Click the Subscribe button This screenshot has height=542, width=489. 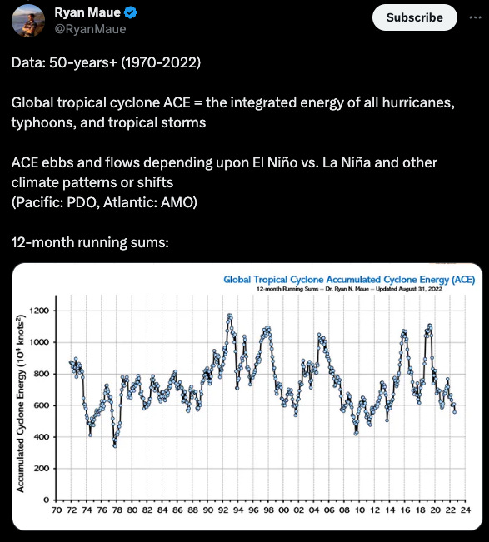coord(414,17)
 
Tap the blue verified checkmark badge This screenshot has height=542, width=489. coord(131,12)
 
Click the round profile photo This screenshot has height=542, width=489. coord(28,21)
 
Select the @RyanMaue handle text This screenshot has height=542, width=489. coord(90,29)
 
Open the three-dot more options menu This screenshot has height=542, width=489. coord(475,17)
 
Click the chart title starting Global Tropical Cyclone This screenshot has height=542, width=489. coord(349,279)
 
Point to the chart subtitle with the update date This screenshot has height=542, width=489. coord(349,289)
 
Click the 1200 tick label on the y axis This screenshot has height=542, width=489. coord(39,311)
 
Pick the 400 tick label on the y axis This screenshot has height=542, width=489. coord(41,437)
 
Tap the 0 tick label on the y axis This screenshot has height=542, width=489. coord(47,500)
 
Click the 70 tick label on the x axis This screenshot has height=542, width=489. coord(57,510)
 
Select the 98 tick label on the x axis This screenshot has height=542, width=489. coord(268,510)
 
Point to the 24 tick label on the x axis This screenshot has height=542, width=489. coord(466,510)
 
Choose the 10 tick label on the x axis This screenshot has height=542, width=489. coord(359,510)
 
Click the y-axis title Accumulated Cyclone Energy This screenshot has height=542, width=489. coord(21,404)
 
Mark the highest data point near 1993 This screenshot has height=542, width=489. coord(229,316)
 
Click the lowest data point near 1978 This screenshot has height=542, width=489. coord(115,446)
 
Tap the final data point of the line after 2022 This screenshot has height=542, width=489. coord(454,411)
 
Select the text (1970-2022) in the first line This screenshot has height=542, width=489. coord(161,62)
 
